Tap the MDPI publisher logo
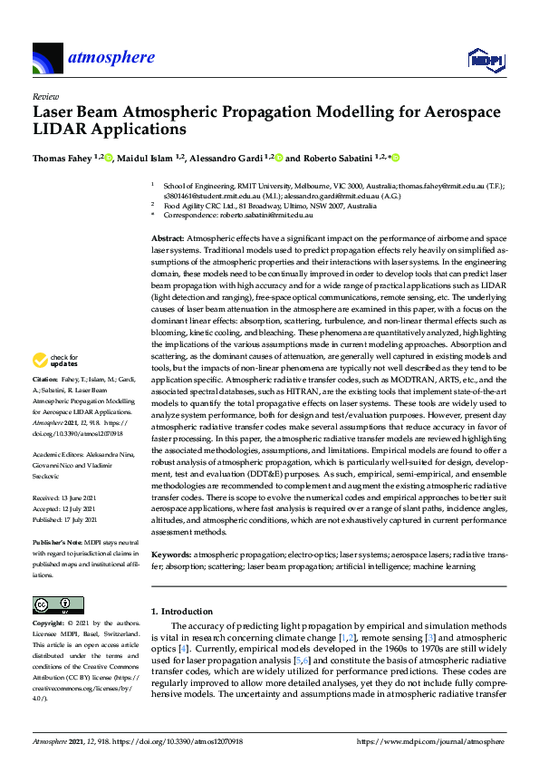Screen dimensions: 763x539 click(485, 60)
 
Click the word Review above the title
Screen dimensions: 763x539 click(44, 95)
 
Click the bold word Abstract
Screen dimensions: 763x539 click(167, 237)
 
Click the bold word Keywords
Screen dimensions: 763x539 click(170, 554)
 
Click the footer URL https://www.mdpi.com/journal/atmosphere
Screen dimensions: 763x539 click(430, 741)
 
